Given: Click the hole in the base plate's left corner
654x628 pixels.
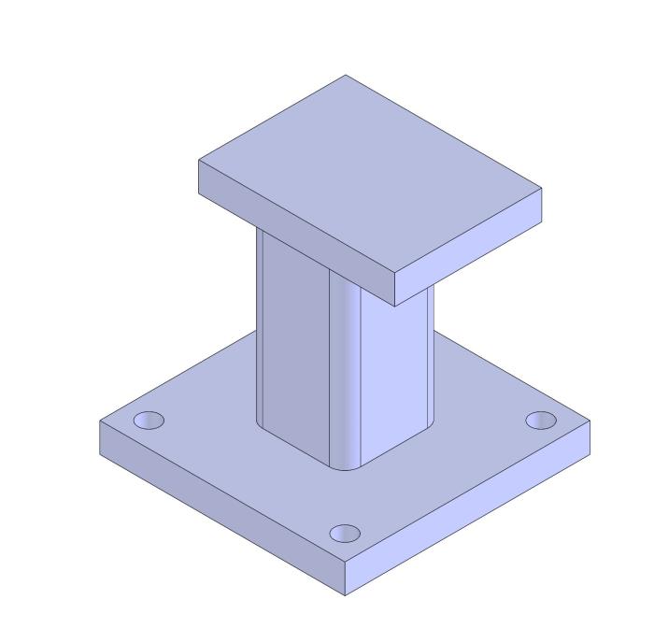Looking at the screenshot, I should click(149, 421).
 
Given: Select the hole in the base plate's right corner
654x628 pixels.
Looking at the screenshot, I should click(540, 421).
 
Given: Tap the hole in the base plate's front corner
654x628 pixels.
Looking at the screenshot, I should click(345, 534).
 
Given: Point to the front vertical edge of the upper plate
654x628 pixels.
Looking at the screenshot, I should click(394, 291).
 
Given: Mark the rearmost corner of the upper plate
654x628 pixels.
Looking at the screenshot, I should click(346, 76).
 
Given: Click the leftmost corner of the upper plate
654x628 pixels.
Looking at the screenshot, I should click(199, 162).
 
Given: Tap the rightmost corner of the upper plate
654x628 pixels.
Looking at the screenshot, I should click(542, 189).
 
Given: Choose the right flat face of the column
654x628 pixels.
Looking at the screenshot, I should click(397, 374).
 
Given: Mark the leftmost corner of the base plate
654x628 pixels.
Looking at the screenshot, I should click(100, 421).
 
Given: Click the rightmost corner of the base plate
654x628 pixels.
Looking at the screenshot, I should click(590, 421).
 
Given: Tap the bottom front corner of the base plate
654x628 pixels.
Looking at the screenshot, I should click(346, 595).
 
